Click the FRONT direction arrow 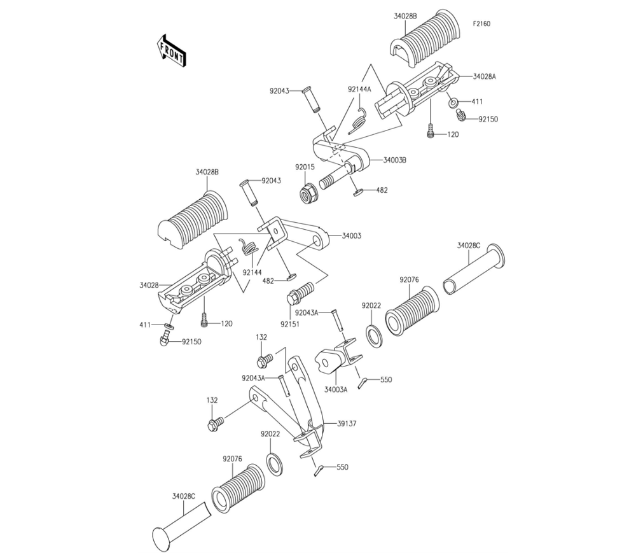coord(172,50)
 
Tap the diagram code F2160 coord(481,24)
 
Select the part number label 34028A coord(484,76)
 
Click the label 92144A coord(359,89)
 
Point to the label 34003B coord(395,160)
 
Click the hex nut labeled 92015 coord(309,192)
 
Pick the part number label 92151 coord(290,325)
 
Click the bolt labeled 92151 coord(301,293)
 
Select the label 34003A coord(336,389)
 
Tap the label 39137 coord(347,423)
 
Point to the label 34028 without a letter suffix coord(149,285)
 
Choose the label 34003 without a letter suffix coord(351,235)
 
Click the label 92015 coord(305,167)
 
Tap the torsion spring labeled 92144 coord(249,247)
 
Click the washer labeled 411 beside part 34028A coord(453,102)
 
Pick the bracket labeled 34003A coord(338,358)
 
